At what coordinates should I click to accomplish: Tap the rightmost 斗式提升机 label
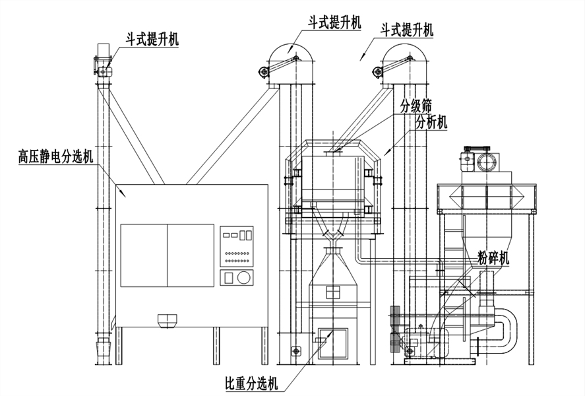pyautogui.click(x=407, y=30)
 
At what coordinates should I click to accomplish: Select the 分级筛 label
pyautogui.click(x=416, y=106)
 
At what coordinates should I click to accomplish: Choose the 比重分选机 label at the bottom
pyautogui.click(x=251, y=383)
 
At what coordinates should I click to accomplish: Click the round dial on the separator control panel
pyautogui.click(x=244, y=278)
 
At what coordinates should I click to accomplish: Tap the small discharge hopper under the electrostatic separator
pyautogui.click(x=168, y=321)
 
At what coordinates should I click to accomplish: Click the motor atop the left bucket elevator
pyautogui.click(x=104, y=52)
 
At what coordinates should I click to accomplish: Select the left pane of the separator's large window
pyautogui.click(x=144, y=255)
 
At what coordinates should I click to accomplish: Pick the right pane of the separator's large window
pyautogui.click(x=191, y=255)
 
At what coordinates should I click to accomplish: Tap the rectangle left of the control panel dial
pyautogui.click(x=229, y=278)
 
